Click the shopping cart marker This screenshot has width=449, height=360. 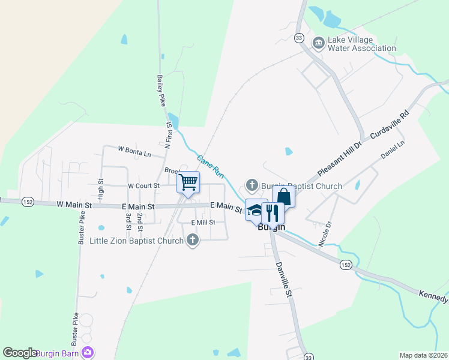click(x=188, y=182)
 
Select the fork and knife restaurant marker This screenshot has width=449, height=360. click(x=273, y=212)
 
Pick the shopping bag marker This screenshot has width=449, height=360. click(x=283, y=197)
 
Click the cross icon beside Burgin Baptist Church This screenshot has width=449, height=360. click(x=252, y=185)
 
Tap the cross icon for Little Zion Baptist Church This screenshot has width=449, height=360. click(x=193, y=241)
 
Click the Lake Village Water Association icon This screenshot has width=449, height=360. click(x=318, y=41)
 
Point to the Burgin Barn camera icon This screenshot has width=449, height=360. click(x=88, y=353)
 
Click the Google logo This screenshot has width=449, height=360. click(x=20, y=353)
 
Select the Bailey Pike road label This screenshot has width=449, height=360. click(x=161, y=91)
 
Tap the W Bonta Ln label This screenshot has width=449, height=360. click(x=134, y=152)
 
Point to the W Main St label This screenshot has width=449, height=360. click(x=74, y=205)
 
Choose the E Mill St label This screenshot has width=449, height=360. click(x=203, y=223)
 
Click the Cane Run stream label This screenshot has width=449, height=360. click(x=211, y=167)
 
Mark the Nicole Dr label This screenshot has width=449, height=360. click(x=325, y=235)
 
